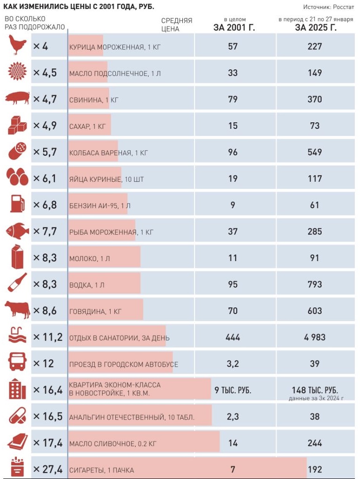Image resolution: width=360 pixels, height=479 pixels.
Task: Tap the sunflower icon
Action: pos(17,72)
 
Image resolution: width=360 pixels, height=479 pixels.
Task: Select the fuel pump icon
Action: pos(17,204)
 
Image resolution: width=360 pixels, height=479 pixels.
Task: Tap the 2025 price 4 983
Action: pos(315,337)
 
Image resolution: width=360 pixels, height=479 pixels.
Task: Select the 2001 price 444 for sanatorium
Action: pos(232,337)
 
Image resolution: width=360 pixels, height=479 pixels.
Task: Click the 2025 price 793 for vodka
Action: pos(315,284)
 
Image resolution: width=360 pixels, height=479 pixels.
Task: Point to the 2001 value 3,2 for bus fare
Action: pos(232,364)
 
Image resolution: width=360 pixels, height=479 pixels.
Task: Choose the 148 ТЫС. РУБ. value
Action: pos(315,390)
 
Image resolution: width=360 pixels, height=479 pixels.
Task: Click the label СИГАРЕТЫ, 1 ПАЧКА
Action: pos(101,470)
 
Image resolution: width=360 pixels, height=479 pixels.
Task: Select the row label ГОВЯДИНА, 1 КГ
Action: pos(96,311)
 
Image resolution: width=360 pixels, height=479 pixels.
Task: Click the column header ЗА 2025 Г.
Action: pos(315,27)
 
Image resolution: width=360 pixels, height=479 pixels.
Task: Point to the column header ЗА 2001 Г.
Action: pos(234,27)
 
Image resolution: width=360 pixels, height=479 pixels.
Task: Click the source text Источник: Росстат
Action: pos(329,7)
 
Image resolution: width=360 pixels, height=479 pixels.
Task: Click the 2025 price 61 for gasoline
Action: pos(315,205)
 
